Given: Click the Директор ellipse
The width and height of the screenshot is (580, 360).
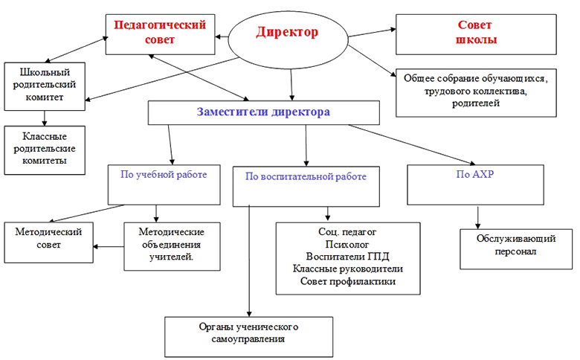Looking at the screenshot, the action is coord(289,40).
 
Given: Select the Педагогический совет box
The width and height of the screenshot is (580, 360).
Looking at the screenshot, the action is coord(160,34).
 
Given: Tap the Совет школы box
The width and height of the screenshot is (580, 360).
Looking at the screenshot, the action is coord(476,34).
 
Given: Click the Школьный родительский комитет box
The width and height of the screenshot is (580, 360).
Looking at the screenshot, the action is coord(45,86).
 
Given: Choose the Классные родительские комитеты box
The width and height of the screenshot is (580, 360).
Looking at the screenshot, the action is coord(45,150).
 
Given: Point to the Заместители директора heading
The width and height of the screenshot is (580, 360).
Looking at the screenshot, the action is coord(263,112).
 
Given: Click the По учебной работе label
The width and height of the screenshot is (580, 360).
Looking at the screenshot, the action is coord(164,175).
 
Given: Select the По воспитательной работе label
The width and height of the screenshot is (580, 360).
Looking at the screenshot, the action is coord(306,176).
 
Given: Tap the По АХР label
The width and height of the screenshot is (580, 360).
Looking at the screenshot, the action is coord(475,174).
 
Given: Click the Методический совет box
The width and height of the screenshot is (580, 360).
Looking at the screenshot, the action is coord(48,242).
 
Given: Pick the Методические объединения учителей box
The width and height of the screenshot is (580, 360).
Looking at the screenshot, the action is coord(172,246).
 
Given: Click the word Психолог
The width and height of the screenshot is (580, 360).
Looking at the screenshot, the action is coord(347,245).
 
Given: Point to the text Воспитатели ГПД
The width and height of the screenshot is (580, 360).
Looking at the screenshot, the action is coord(348,257).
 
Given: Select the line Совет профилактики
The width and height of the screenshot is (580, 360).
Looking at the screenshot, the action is coord(348,282).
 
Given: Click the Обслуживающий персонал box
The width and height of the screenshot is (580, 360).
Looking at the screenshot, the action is coord(516,249).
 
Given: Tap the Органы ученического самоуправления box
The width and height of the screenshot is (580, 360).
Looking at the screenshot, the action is coord(248,337).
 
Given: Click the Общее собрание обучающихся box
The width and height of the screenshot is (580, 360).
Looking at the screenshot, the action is coord(476,93).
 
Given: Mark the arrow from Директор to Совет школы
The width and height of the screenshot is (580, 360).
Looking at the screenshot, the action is coord(372,33).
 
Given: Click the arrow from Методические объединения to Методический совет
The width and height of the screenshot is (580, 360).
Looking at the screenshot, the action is coord(109,246).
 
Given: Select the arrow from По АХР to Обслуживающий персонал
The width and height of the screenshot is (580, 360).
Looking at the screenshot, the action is coord(478,217).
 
